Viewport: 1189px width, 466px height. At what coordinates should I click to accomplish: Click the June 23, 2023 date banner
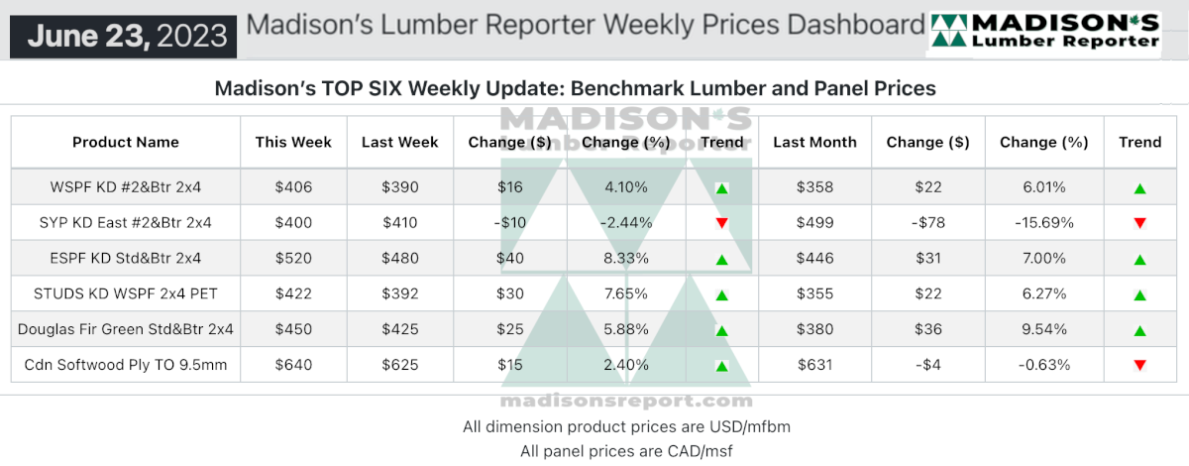point(123,36)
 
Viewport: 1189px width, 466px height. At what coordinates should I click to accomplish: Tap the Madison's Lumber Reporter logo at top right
point(1044,32)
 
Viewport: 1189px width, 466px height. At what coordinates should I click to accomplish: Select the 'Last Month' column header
point(814,143)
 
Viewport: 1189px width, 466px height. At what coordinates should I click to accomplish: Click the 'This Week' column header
point(293,143)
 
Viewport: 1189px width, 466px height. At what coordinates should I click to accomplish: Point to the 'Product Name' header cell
point(126,143)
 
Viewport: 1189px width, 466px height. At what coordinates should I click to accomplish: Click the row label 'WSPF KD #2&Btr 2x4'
point(126,187)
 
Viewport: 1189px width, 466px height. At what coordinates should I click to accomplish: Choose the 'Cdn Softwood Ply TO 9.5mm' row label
point(126,365)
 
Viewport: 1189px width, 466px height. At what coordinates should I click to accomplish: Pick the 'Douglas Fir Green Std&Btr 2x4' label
point(126,329)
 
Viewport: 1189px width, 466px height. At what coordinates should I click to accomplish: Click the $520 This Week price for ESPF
point(293,258)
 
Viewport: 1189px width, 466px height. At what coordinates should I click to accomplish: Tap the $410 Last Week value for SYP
point(399,223)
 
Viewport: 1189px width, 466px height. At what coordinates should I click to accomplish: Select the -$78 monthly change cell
point(927,223)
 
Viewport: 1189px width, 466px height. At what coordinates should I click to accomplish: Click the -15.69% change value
point(1044,223)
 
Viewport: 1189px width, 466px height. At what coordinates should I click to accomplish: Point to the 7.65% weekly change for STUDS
point(626,293)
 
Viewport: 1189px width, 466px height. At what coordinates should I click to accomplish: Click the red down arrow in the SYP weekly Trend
point(721,223)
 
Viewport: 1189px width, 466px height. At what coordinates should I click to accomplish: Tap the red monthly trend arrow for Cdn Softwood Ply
point(1139,365)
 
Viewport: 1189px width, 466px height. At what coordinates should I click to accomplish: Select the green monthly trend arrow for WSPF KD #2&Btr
point(1139,188)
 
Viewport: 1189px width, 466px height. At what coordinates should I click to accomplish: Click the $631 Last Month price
point(814,365)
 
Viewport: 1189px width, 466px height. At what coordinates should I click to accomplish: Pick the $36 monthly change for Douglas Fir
point(927,329)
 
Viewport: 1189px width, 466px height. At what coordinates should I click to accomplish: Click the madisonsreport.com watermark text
point(626,402)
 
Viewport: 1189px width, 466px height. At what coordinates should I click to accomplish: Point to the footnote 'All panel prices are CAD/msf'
point(626,451)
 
